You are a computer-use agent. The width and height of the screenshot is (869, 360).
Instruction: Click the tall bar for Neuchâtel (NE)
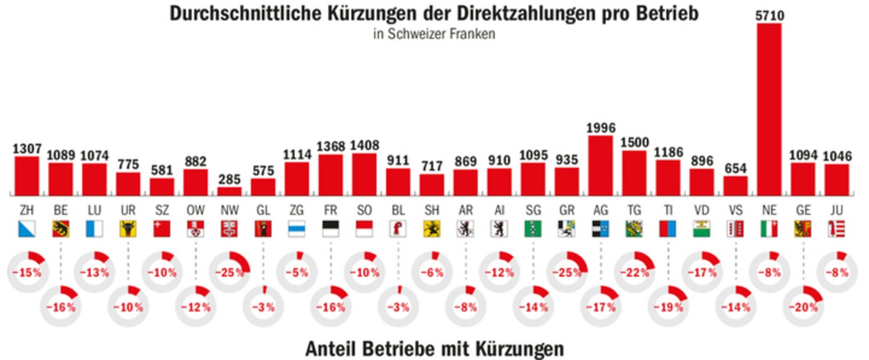pyautogui.click(x=769, y=109)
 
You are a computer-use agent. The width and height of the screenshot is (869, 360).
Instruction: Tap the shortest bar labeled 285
pyautogui.click(x=230, y=191)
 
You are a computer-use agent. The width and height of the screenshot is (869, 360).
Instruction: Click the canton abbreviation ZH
pyautogui.click(x=27, y=210)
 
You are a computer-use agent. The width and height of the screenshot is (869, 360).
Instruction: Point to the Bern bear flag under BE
pyautogui.click(x=61, y=229)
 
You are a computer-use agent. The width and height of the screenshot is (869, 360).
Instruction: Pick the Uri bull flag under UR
pyautogui.click(x=128, y=229)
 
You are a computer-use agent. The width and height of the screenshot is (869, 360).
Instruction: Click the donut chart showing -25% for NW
pyautogui.click(x=229, y=271)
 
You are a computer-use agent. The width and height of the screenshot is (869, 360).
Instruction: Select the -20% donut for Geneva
pyautogui.click(x=803, y=306)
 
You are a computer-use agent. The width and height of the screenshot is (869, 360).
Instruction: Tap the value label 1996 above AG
pyautogui.click(x=601, y=128)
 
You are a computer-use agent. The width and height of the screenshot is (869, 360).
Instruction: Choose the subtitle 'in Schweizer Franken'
pyautogui.click(x=434, y=35)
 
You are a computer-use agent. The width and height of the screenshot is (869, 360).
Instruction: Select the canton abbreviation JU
pyautogui.click(x=837, y=210)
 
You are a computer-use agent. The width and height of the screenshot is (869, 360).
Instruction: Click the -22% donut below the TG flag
pyautogui.click(x=634, y=271)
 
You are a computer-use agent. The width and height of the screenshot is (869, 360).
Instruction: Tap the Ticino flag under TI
pyautogui.click(x=668, y=229)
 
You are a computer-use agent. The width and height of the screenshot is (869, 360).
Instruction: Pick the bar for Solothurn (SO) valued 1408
pyautogui.click(x=364, y=174)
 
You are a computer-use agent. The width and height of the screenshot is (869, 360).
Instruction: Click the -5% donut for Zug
pyautogui.click(x=297, y=271)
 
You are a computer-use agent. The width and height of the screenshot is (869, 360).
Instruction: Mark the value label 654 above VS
pyautogui.click(x=736, y=168)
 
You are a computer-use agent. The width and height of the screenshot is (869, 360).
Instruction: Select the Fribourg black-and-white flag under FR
pyautogui.click(x=330, y=229)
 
